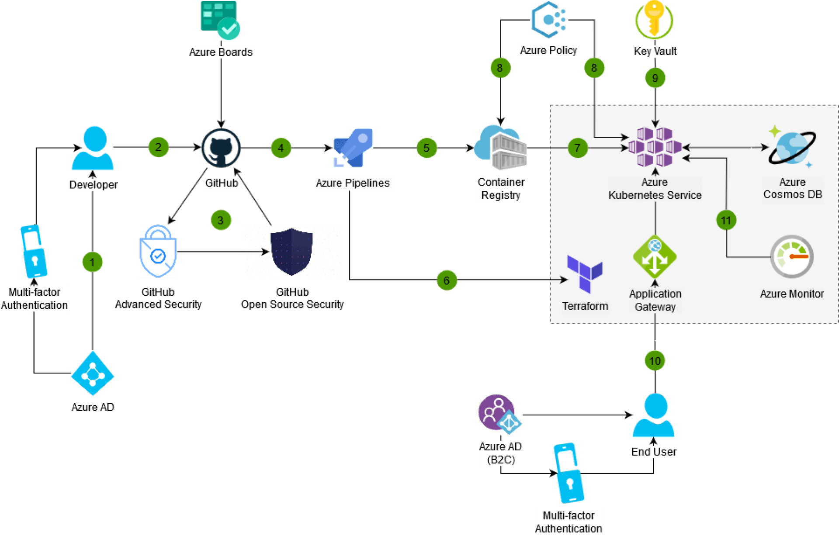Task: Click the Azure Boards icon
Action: pos(220,20)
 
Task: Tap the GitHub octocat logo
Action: pos(222,148)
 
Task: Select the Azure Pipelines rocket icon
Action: pos(353,148)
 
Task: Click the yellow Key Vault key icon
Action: pos(654,20)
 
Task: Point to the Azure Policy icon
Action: pos(548,20)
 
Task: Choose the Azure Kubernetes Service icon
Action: pos(655,147)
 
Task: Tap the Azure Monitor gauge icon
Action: pos(792,257)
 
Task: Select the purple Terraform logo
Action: pos(585,273)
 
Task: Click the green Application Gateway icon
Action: pos(655,257)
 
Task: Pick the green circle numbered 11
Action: pos(726,220)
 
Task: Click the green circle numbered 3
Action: pos(221,220)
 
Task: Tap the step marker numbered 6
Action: pos(447,280)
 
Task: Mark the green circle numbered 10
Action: pos(655,361)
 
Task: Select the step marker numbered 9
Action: pos(655,78)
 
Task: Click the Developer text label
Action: pos(93,185)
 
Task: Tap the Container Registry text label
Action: pos(501,189)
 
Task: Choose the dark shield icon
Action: pos(291,252)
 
